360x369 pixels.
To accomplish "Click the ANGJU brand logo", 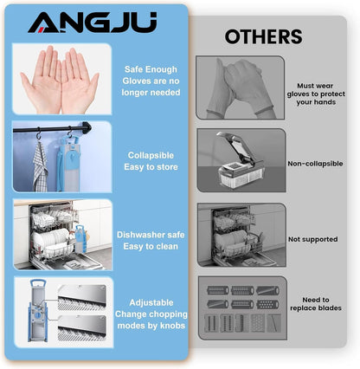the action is pyautogui.click(x=93, y=23).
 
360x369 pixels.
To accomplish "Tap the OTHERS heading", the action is pyautogui.click(x=264, y=36).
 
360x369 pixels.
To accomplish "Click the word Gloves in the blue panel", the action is pyautogui.click(x=135, y=81).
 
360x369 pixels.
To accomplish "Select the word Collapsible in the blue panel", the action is pyautogui.click(x=151, y=155).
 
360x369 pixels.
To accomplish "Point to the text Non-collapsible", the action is pyautogui.click(x=315, y=164).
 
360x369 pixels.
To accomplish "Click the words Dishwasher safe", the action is pyautogui.click(x=151, y=235).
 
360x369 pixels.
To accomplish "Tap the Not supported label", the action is pyautogui.click(x=313, y=239).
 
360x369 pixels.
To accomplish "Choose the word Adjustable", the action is pyautogui.click(x=151, y=302).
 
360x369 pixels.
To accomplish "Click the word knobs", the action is pyautogui.click(x=173, y=326).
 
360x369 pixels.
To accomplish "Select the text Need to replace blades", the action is pyautogui.click(x=316, y=304).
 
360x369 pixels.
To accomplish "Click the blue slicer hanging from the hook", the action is pyautogui.click(x=69, y=164).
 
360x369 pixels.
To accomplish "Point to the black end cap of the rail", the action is pyautogui.click(x=87, y=127).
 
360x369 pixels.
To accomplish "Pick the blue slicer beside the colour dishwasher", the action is pyautogui.click(x=80, y=239).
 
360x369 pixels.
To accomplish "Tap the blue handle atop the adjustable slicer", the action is pyautogui.click(x=36, y=284).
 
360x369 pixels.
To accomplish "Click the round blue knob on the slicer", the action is pyautogui.click(x=37, y=315).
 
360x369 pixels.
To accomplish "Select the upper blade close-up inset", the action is pyautogui.click(x=81, y=298).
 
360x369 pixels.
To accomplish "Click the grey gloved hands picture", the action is pyautogui.click(x=241, y=87).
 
